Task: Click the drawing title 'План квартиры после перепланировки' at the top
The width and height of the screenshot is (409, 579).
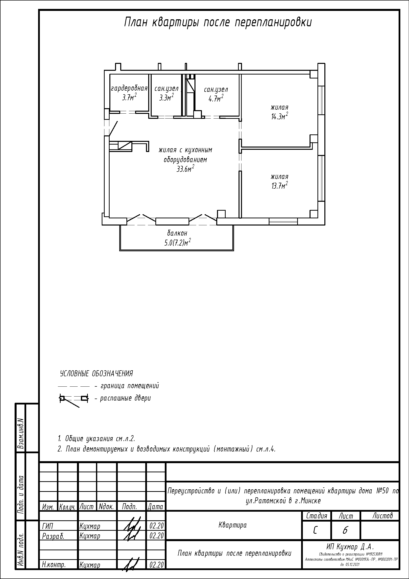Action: pos(218,23)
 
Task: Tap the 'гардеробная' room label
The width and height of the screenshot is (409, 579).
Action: pos(129,88)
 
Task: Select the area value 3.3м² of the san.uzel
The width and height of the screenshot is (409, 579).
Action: pos(166,97)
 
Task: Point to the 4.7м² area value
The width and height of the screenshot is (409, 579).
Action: pos(216,98)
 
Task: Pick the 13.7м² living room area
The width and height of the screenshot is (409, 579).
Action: pos(279,186)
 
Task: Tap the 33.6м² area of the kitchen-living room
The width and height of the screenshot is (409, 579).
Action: pos(185,169)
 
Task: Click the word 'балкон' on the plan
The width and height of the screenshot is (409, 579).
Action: pos(177,233)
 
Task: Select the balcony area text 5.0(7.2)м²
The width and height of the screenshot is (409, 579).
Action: pos(177,242)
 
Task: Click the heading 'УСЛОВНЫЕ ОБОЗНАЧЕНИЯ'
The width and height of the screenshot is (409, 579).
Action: pos(96,374)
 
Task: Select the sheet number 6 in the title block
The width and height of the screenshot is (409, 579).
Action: pos(345,530)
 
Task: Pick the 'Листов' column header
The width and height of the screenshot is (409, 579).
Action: pos(383,516)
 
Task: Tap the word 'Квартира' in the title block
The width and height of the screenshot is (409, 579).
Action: pos(233,525)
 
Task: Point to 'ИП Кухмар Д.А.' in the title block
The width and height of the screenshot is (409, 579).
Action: pos(350,547)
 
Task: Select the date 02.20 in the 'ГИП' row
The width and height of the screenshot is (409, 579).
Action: pos(156,526)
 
